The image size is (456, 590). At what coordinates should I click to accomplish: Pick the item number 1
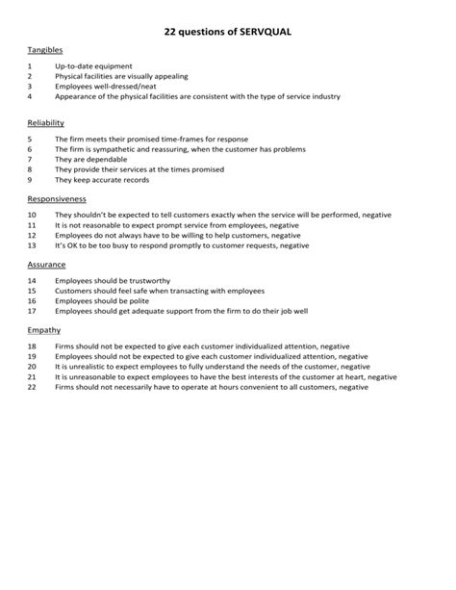point(30,66)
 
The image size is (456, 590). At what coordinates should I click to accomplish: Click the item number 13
point(32,244)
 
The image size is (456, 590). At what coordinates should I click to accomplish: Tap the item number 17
point(32,310)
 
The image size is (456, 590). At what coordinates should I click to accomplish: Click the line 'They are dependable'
point(89,160)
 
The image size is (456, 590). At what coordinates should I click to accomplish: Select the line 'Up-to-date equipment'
point(93,66)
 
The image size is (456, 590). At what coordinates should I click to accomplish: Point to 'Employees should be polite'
point(102,300)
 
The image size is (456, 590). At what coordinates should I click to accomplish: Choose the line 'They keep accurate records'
point(101,179)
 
